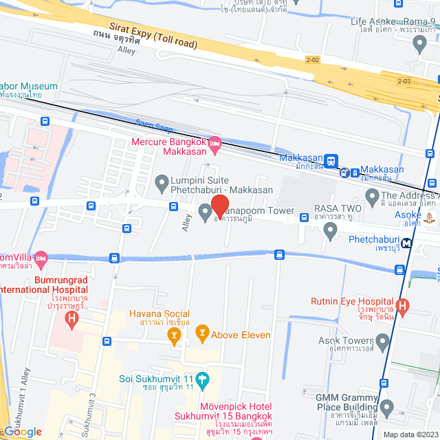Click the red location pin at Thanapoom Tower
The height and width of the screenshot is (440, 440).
[219, 206]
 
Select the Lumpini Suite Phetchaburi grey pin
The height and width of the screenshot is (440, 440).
[162, 183]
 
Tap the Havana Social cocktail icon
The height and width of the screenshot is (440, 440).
[175, 335]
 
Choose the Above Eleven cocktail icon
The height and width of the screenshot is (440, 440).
[202, 335]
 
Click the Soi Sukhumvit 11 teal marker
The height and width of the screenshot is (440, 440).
[202, 379]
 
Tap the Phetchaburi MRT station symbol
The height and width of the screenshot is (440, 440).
[407, 242]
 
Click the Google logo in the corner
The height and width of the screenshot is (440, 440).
[22, 432]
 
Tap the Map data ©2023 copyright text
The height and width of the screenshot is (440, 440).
[410, 434]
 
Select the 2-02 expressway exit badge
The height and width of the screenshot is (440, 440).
[313, 60]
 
